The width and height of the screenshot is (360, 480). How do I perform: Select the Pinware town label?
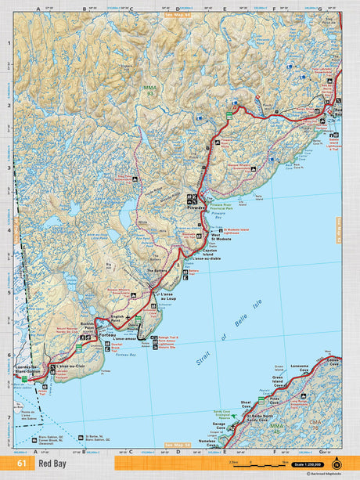(x=196, y=208)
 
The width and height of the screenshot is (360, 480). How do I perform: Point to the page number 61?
(x=22, y=464)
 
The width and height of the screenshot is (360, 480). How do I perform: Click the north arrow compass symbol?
(x=337, y=463)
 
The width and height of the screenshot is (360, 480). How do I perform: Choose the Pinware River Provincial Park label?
(x=222, y=201)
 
